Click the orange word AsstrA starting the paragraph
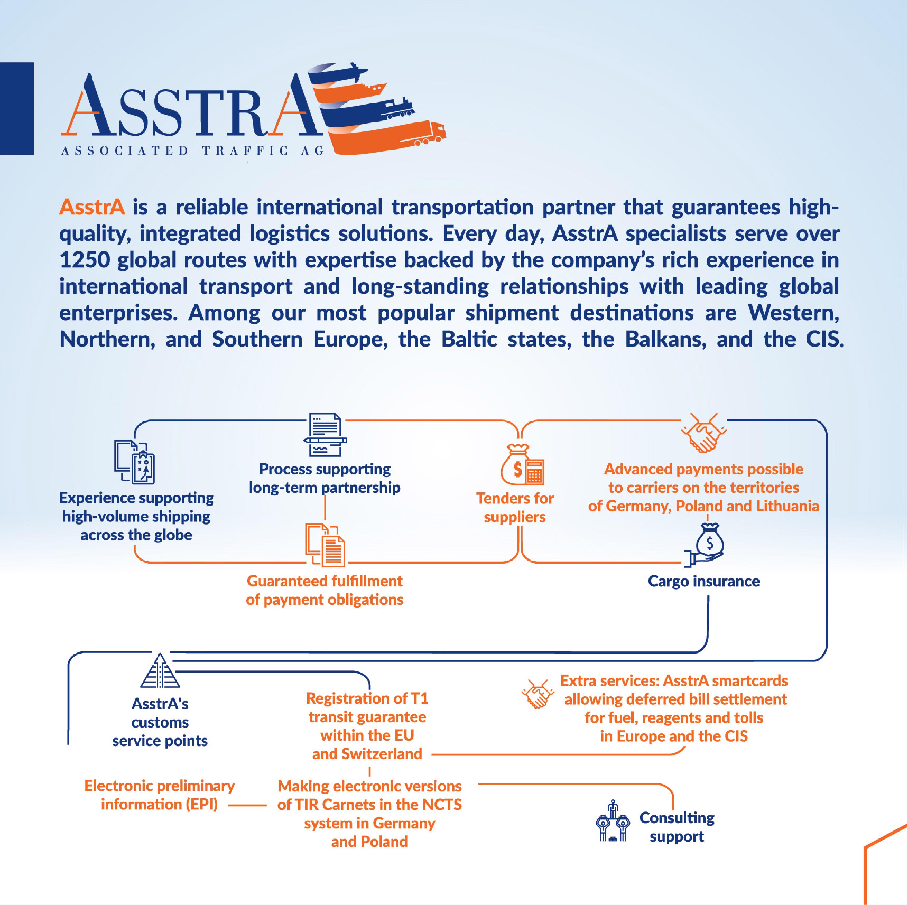pyautogui.click(x=92, y=207)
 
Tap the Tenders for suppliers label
pyautogui.click(x=515, y=507)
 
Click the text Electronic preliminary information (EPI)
pyautogui.click(x=160, y=795)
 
